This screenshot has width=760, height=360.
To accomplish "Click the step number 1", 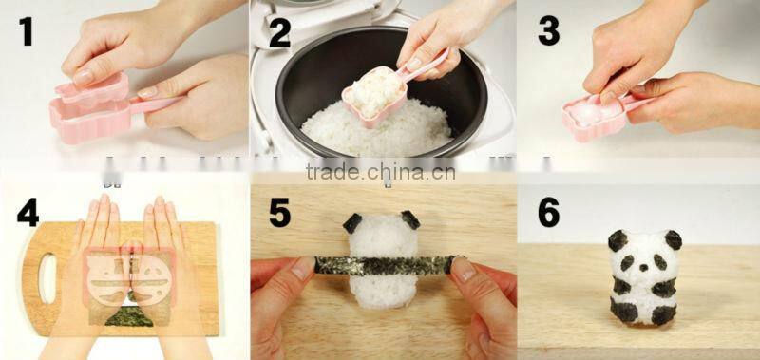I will tap(26, 33).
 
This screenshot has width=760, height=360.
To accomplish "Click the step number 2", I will tap(278, 33).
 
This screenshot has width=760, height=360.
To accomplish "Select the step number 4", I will tap(28, 211).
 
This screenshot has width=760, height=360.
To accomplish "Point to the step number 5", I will tap(278, 212).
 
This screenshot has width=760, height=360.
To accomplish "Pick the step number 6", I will tap(548, 212).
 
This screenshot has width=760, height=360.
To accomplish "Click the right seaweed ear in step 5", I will tap(409, 219).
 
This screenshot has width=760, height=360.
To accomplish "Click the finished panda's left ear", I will tap(618, 240).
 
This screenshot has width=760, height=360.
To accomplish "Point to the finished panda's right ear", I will tap(673, 238).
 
